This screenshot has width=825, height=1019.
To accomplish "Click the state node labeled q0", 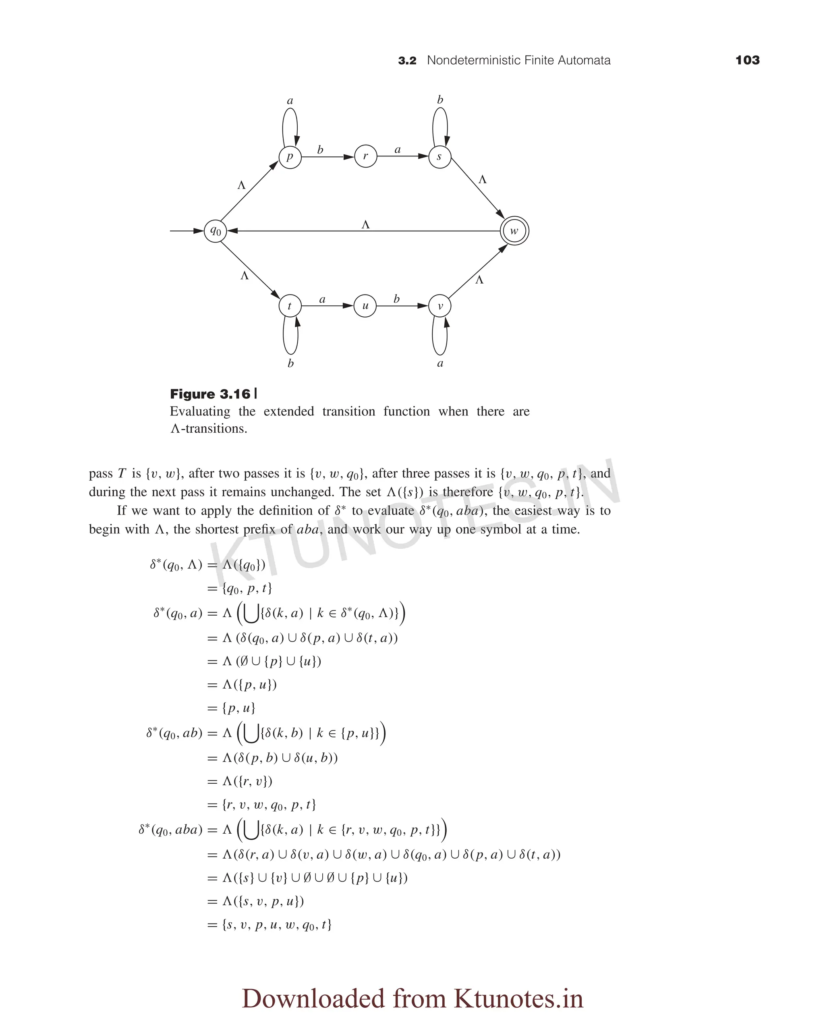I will click(215, 231).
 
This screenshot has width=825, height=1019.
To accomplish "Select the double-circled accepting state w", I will click(514, 231).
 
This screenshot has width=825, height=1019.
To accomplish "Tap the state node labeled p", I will click(290, 157).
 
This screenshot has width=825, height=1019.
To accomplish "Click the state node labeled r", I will click(365, 156).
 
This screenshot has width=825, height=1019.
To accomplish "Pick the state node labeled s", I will click(439, 157).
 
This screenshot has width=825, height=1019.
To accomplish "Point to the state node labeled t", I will click(290, 306).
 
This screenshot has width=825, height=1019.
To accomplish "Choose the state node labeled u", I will click(365, 306).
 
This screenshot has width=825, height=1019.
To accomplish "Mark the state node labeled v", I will click(439, 306).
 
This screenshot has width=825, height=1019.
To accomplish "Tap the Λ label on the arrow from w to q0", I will click(365, 224).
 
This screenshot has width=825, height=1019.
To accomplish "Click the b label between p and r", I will click(320, 150).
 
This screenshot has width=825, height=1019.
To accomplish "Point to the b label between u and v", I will click(396, 299).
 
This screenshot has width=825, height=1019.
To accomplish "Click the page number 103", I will click(747, 60).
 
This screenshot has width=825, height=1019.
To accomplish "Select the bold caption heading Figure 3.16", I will click(210, 394).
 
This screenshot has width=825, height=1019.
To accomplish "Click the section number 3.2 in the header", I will click(407, 61).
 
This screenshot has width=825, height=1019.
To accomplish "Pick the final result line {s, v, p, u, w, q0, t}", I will click(277, 924).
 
